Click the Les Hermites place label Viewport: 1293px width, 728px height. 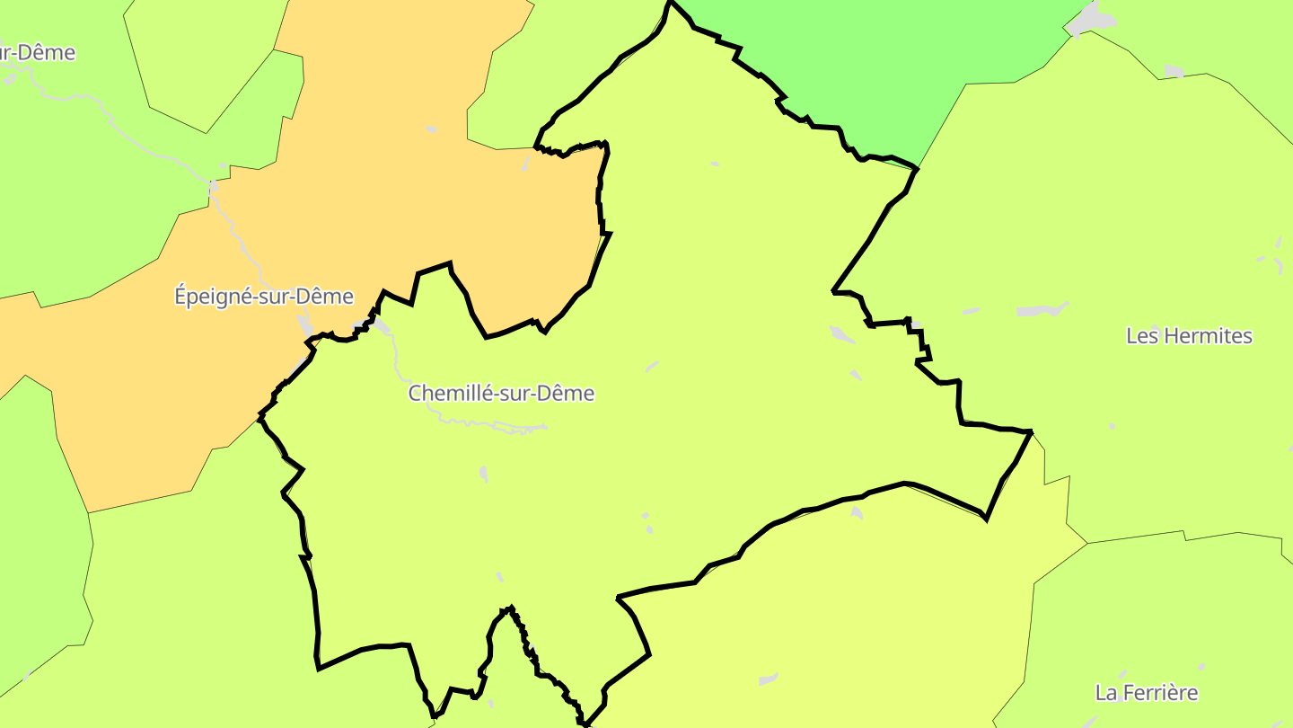pyautogui.click(x=1189, y=336)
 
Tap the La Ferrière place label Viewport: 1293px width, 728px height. pyautogui.click(x=1147, y=693)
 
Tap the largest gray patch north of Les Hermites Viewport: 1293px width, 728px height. pyautogui.click(x=1042, y=310)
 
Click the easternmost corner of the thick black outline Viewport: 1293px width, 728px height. pyautogui.click(x=1031, y=432)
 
